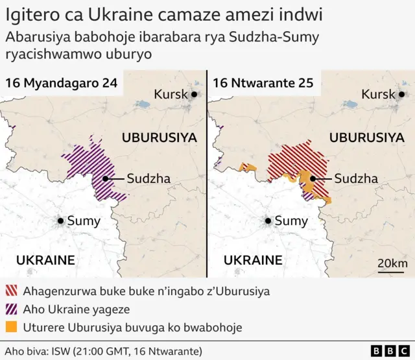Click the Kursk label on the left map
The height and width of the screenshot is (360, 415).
click(x=171, y=95)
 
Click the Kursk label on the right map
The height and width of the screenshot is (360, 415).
click(x=378, y=95)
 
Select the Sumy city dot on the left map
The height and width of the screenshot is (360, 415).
click(x=61, y=221)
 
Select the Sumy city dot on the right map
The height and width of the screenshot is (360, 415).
click(x=268, y=221)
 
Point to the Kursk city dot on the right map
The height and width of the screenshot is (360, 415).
click(x=402, y=95)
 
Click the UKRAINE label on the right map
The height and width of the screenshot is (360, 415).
click(x=253, y=260)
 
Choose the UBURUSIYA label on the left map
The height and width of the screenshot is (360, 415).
click(x=159, y=138)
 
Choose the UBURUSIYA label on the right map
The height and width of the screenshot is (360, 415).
click(x=367, y=138)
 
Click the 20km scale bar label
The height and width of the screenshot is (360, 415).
click(x=392, y=263)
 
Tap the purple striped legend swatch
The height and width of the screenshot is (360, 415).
click(x=11, y=309)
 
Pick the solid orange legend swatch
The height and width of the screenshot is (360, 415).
click(x=11, y=328)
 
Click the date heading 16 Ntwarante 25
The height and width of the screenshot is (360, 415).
click(x=263, y=83)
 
